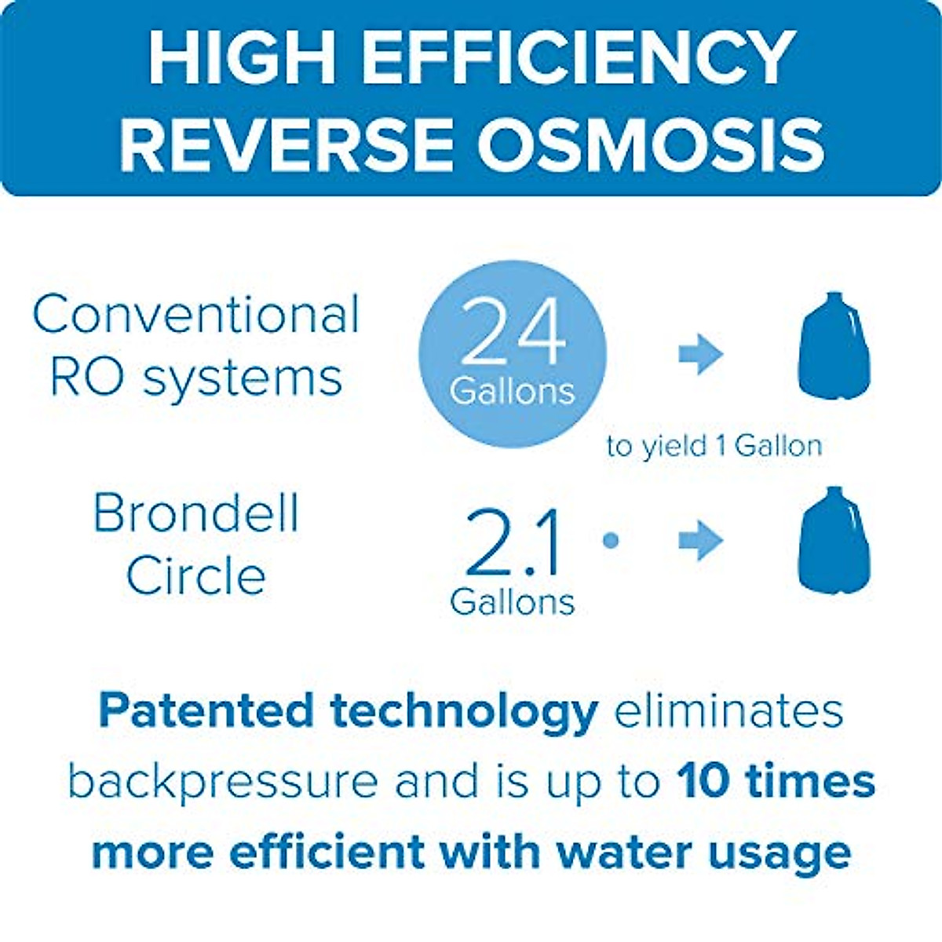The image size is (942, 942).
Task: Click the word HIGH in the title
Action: [x=243, y=59]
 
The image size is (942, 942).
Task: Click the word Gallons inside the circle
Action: [x=512, y=391]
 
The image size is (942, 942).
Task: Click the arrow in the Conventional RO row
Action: [x=700, y=354]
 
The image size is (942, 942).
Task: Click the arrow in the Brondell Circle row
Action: [x=700, y=541]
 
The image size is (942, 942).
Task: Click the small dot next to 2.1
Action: [x=611, y=540]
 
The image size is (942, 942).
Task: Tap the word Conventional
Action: [x=196, y=314]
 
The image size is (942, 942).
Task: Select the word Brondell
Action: [x=196, y=514]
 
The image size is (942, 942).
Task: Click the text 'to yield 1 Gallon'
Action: [x=714, y=446]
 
